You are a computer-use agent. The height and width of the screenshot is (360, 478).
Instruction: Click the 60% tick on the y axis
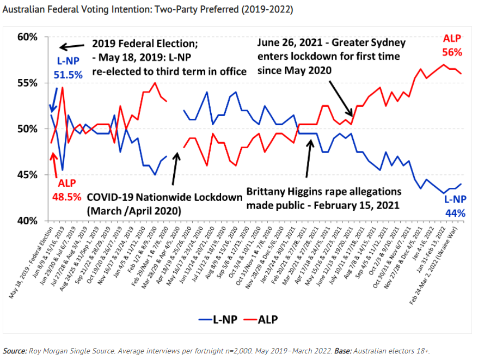(28, 37)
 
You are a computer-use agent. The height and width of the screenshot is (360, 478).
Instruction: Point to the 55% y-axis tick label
(28, 83)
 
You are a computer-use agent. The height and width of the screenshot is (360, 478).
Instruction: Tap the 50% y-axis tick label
(28, 129)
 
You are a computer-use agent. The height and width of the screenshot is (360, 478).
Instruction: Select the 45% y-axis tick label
(28, 175)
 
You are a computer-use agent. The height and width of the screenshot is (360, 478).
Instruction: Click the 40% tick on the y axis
(28, 221)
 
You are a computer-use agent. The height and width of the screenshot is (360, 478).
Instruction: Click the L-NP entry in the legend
(221, 319)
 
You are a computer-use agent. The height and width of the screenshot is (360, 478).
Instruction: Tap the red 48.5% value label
(68, 195)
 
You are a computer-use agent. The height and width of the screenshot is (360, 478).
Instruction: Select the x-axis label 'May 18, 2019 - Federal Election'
(30, 262)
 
